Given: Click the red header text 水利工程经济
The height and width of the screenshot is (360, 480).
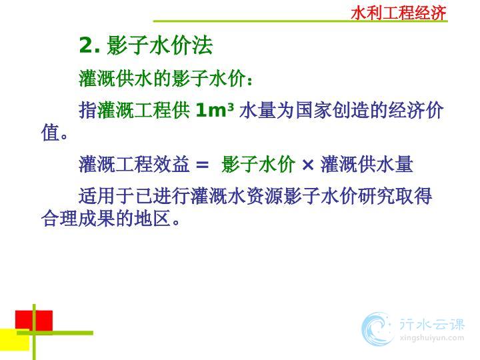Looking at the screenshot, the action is coord(398,13).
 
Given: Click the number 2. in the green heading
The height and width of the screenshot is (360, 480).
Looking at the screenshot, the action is coord(89,45).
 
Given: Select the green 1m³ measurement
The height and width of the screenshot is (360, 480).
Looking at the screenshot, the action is coord(215,110).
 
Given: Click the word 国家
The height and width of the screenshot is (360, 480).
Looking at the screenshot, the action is coord(314,110).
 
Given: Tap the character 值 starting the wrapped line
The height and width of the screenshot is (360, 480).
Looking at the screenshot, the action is coord(50,133).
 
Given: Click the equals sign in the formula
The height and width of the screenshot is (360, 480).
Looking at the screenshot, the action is coord(202,165).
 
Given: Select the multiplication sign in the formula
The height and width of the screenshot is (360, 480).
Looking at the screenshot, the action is coord(307,165).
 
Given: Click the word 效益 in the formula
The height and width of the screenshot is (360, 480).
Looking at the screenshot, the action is coord(171,164).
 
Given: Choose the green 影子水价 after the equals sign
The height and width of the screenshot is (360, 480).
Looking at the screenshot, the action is coord(259,164).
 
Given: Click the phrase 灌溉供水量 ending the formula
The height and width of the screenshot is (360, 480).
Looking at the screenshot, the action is coord(367,164).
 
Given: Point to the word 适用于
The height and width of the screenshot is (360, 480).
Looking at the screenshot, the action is coord(107,196).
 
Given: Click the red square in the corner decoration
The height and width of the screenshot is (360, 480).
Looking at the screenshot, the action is coord(34,321).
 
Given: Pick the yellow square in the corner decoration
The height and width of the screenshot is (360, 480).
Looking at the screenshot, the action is coord(15,340).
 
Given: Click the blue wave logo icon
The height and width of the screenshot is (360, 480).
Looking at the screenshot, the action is coord(377,329).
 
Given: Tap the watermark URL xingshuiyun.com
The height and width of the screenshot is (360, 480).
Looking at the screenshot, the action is coord(432,338).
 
